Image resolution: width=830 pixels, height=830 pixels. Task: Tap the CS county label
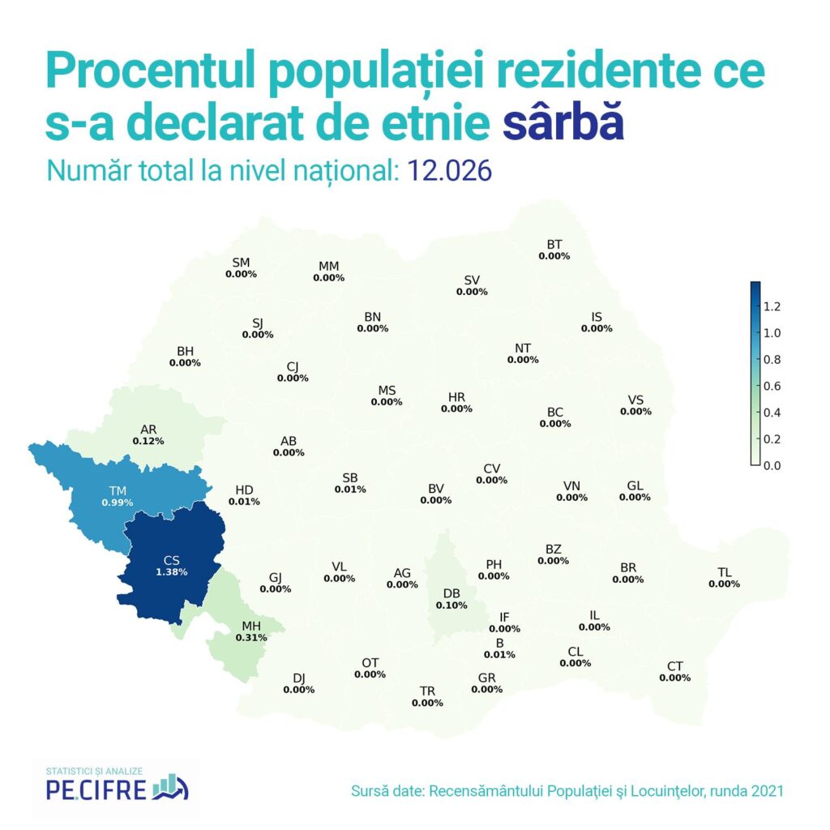click(x=171, y=559)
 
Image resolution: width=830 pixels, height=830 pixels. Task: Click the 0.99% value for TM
click(x=118, y=503)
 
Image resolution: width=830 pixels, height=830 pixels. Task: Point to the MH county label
click(x=251, y=626)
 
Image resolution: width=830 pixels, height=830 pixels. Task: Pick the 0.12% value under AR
click(x=148, y=441)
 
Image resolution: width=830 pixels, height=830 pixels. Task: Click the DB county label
click(x=451, y=593)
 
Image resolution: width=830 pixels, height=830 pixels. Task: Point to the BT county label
click(x=554, y=244)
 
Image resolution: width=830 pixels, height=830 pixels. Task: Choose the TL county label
click(x=725, y=572)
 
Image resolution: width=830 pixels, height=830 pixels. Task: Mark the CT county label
click(x=675, y=666)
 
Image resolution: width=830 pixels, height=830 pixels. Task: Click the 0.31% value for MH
click(x=251, y=638)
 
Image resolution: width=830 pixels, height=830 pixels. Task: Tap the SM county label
click(x=241, y=262)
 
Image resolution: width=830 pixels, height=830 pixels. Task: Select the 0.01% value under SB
click(x=350, y=490)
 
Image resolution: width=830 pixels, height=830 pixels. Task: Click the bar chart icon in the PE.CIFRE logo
click(x=172, y=784)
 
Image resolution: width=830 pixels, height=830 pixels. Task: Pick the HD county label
click(x=244, y=490)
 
